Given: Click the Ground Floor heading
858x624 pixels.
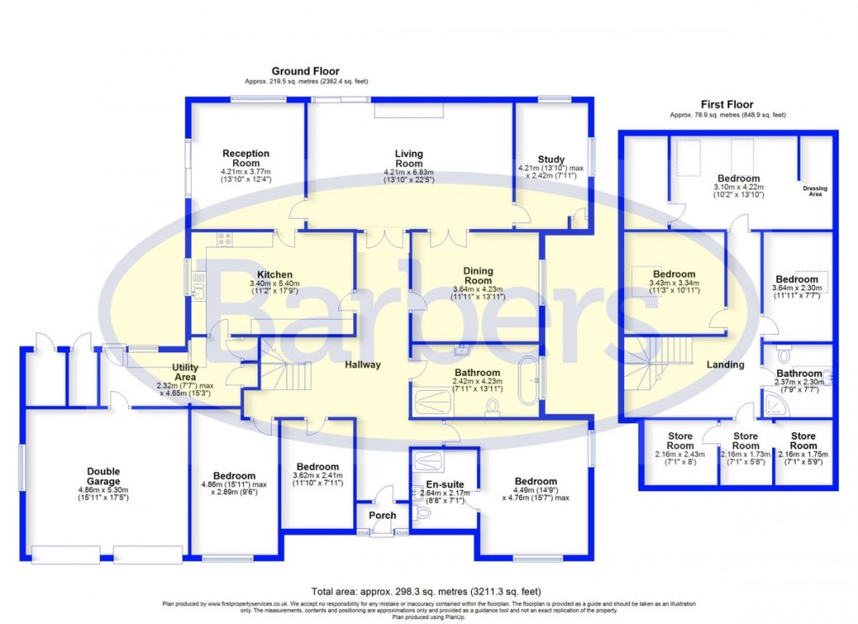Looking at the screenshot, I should click(305, 71).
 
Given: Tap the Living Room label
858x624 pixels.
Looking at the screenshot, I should click(409, 159).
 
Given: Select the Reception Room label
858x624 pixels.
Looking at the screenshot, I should click(246, 159).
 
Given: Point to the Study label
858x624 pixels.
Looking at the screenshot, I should click(552, 159).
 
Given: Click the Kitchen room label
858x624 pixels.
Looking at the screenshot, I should click(275, 274).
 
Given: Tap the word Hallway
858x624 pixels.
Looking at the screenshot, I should click(362, 365).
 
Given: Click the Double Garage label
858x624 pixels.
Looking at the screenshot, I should click(103, 477).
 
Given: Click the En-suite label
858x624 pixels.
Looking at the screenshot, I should click(442, 484).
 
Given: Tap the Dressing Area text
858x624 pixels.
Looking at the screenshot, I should click(815, 191).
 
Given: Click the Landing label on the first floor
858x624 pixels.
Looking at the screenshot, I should click(725, 365).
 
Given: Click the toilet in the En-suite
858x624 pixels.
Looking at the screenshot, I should click(422, 510).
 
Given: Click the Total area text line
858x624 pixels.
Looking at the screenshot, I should click(428, 591).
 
